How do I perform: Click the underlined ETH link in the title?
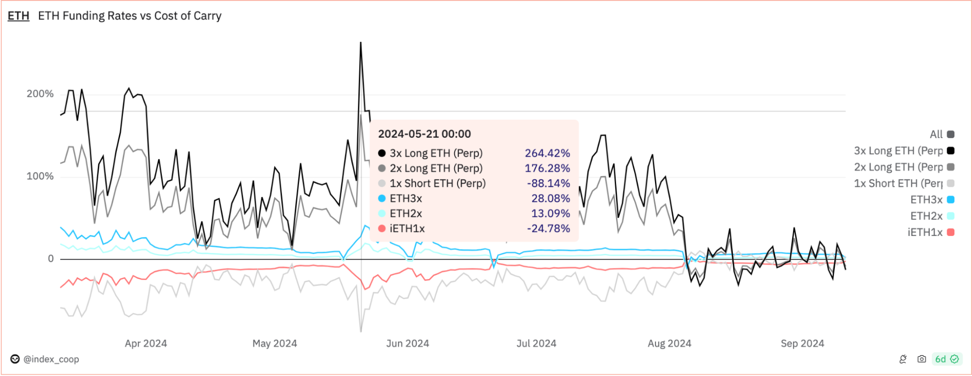(18, 16)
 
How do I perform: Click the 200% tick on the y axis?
(40, 94)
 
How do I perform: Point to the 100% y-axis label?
(40, 176)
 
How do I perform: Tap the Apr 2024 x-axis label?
(145, 343)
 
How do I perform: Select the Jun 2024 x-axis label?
(407, 343)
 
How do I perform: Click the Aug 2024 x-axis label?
(669, 343)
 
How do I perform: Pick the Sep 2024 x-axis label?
(802, 343)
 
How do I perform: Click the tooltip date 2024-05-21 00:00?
(424, 134)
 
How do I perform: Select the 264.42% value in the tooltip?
(547, 153)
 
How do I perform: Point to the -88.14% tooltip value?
(548, 183)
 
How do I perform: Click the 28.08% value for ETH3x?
(550, 198)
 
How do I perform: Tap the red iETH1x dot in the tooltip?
(382, 229)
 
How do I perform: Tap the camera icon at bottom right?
(921, 359)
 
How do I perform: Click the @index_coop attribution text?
(51, 359)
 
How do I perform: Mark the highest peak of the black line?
(360, 43)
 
